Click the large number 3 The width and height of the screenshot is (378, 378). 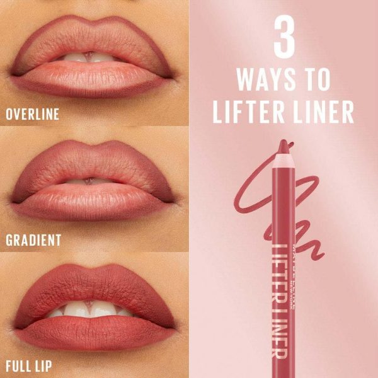(x=284, y=37)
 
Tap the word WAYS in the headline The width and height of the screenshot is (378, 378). (x=266, y=79)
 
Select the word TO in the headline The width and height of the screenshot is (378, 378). (x=317, y=79)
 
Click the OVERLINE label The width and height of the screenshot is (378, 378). (x=33, y=114)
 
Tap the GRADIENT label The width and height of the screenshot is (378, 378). (x=33, y=240)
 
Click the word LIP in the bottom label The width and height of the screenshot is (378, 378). (x=43, y=366)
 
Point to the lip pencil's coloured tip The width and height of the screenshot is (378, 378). (x=283, y=146)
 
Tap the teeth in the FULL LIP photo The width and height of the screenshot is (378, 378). (x=89, y=309)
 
